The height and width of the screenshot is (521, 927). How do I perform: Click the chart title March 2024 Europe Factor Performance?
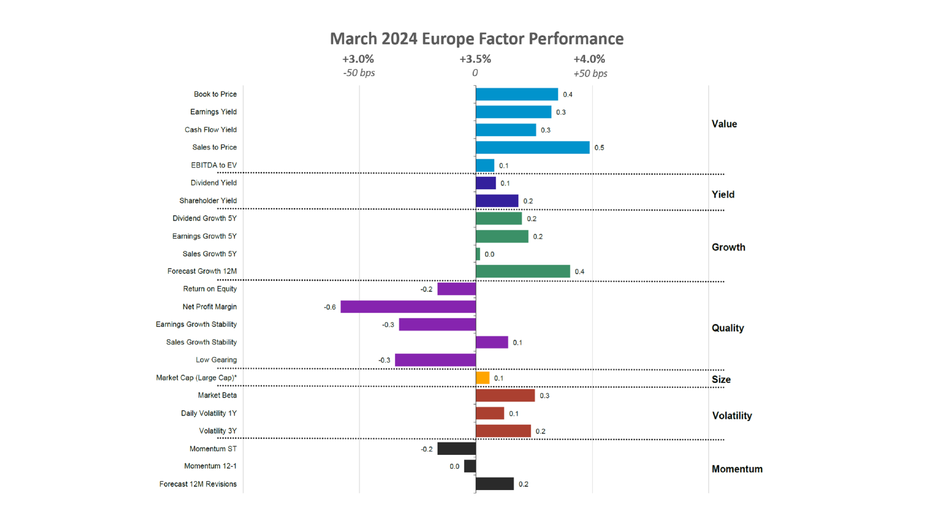477,39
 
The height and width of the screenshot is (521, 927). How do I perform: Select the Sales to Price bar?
532,148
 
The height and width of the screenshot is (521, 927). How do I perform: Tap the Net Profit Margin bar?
408,307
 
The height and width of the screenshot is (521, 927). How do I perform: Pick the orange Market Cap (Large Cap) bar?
482,378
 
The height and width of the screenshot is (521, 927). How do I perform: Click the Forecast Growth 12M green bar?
522,272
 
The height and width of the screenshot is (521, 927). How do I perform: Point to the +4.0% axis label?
589,59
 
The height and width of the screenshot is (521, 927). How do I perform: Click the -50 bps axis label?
359,73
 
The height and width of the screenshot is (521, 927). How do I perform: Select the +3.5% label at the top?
475,59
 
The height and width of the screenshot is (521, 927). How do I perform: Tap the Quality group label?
728,328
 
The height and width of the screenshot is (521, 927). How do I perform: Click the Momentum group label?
737,469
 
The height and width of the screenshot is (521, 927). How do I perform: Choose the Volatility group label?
732,416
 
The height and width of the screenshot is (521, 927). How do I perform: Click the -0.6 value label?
330,307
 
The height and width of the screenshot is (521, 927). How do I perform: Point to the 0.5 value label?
599,148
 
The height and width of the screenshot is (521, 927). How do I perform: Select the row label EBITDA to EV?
214,165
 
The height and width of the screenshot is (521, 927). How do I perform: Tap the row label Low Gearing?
216,360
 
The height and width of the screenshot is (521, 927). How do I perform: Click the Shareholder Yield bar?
497,201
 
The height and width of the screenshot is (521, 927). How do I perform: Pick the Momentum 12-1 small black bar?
470,466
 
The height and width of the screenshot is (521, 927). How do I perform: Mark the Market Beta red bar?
505,396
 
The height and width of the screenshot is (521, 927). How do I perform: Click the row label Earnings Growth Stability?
196,324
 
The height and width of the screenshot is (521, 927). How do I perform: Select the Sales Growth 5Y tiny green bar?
478,254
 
